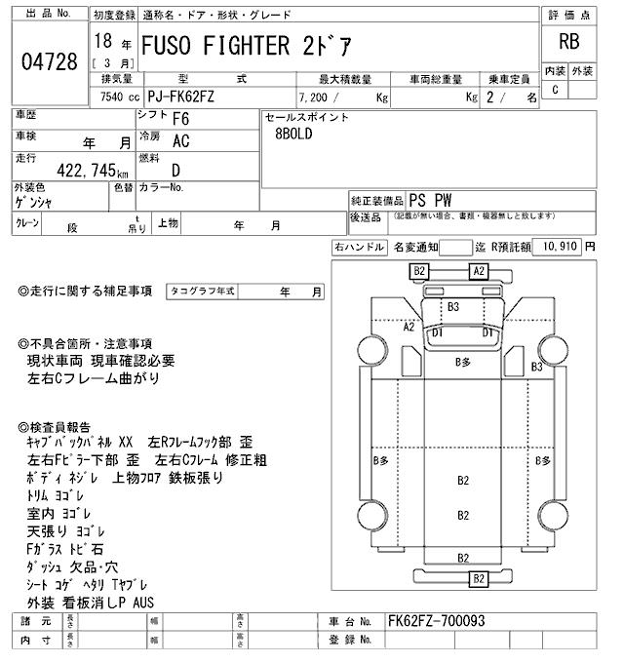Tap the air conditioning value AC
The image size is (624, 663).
click(x=180, y=140)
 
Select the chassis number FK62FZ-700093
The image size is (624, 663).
click(x=436, y=621)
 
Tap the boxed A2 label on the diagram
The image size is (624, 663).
click(x=478, y=271)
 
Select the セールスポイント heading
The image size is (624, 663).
click(x=307, y=117)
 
